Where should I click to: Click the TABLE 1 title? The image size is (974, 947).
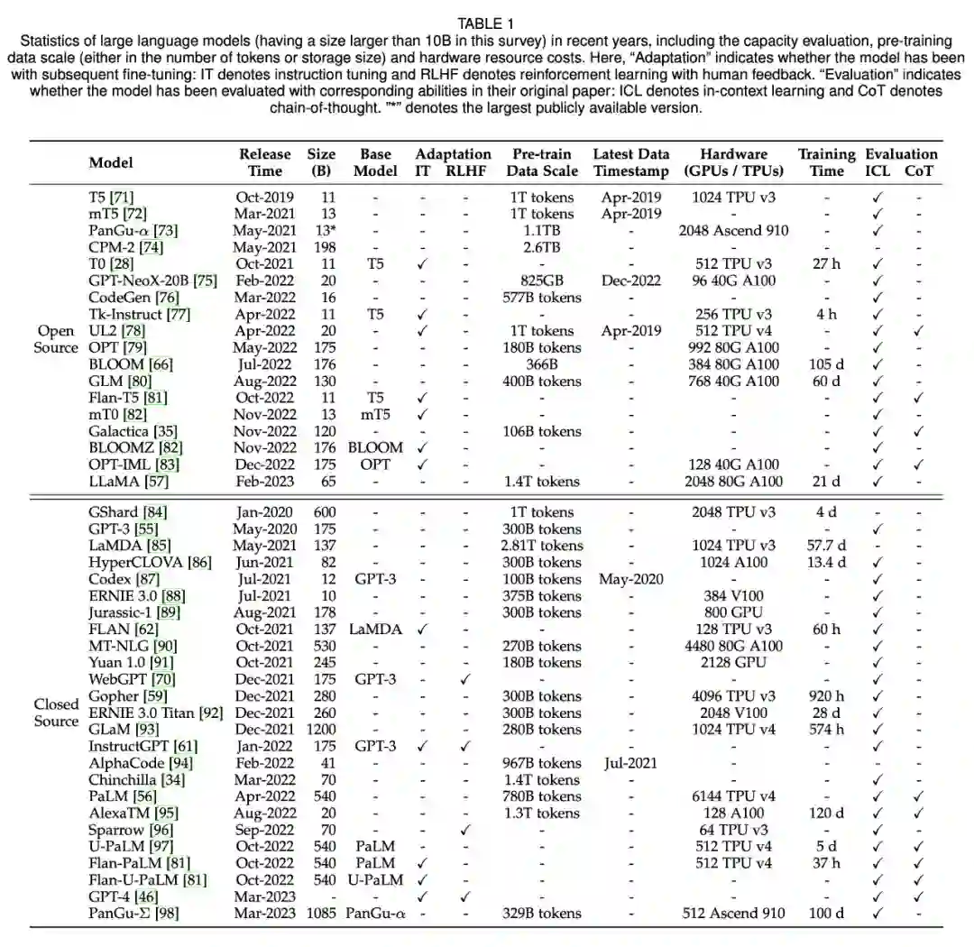point(486,24)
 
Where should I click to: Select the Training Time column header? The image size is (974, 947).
point(826,162)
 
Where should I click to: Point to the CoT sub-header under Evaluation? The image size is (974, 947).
point(919,170)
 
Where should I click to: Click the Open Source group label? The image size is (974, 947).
point(56,339)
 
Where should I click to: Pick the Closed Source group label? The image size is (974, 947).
point(56,713)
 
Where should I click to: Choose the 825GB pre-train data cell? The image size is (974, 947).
point(541,280)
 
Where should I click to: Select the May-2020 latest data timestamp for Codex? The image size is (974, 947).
point(630,579)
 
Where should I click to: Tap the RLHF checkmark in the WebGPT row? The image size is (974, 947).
point(465,679)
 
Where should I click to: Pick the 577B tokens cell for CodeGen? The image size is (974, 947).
point(541,298)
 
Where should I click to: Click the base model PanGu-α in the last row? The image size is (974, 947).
point(375,914)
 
